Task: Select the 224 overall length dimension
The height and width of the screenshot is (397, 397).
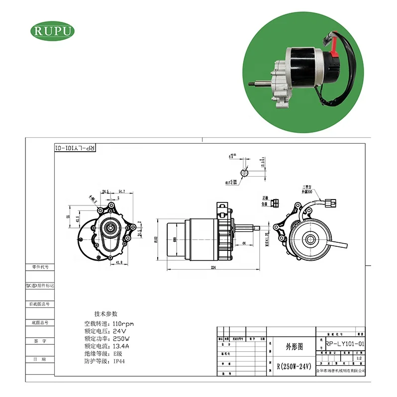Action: [212, 267]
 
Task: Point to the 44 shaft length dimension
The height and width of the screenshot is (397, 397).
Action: [244, 242]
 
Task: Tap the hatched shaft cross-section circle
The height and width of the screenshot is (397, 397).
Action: [245, 172]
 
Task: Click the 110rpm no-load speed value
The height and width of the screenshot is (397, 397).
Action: [124, 324]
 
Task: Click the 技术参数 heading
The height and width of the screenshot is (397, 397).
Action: [106, 313]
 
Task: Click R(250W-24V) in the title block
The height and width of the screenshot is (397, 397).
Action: [294, 366]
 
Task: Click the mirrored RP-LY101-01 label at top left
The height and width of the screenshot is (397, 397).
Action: [74, 148]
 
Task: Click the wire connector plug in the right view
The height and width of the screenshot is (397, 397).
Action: [331, 202]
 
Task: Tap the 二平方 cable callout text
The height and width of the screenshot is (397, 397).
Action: [306, 188]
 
